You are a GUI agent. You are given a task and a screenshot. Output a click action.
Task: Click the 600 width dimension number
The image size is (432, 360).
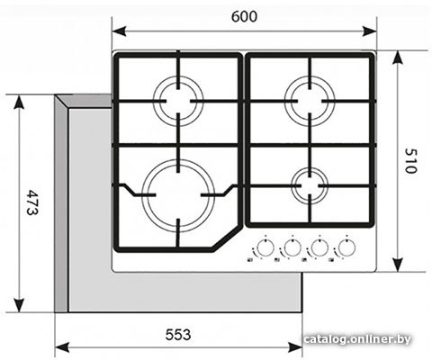coord(244,16)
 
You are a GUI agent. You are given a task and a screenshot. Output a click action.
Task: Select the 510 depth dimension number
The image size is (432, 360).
coord(410,161)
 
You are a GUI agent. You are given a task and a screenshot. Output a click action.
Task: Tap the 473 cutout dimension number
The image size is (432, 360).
coord(31,202)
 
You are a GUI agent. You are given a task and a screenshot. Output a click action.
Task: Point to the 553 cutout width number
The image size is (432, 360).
coord(178,335)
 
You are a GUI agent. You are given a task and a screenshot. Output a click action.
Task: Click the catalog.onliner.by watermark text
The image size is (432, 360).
coord(357,339)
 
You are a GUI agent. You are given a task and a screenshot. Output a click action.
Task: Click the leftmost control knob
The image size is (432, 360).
coord(265,247)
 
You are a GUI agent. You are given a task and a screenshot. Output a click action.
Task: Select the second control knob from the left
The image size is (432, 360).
coord(292,247)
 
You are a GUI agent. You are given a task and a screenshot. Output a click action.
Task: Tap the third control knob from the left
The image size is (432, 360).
coord(319,247)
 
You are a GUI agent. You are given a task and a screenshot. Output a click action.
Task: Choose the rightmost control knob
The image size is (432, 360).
coord(346,247)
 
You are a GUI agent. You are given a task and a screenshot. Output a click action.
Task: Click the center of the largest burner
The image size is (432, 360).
coord(178,195)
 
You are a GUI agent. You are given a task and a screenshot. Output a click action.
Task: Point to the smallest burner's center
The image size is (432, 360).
coord(310,186)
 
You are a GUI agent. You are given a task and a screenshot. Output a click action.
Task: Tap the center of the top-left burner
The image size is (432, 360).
coord(178,101)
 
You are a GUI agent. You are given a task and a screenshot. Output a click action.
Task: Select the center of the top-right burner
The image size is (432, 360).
coord(310,101)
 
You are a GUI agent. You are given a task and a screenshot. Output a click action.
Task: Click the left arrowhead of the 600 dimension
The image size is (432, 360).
coord(119,31)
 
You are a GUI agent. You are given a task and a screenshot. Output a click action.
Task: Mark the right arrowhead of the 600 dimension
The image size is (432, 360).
coord(369,31)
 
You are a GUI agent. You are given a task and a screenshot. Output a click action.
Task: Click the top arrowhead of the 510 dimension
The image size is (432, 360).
coord(398,58)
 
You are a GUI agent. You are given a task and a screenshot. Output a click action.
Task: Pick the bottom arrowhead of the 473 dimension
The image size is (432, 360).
coord(19,305)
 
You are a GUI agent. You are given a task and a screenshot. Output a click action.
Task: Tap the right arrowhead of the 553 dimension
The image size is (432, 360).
coord(295,347)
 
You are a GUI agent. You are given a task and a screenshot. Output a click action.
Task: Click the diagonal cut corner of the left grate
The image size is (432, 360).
coord(227,238)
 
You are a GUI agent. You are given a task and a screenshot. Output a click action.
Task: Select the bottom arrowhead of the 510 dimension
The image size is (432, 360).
coord(398,265)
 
